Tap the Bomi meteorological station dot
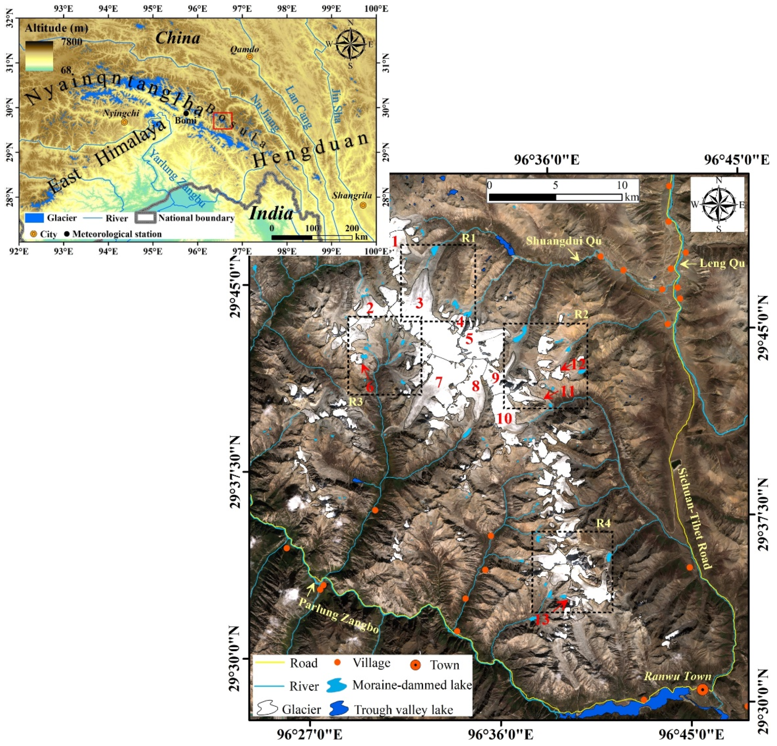[x=186, y=113]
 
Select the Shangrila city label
[x=352, y=195]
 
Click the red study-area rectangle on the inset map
[x=222, y=121]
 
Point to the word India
[x=271, y=213]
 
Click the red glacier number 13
[x=542, y=619]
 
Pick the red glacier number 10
[x=504, y=418]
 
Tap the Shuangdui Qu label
[x=564, y=241]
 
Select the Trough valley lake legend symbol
[x=339, y=709]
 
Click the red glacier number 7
[x=439, y=382]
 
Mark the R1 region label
[x=468, y=238]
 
